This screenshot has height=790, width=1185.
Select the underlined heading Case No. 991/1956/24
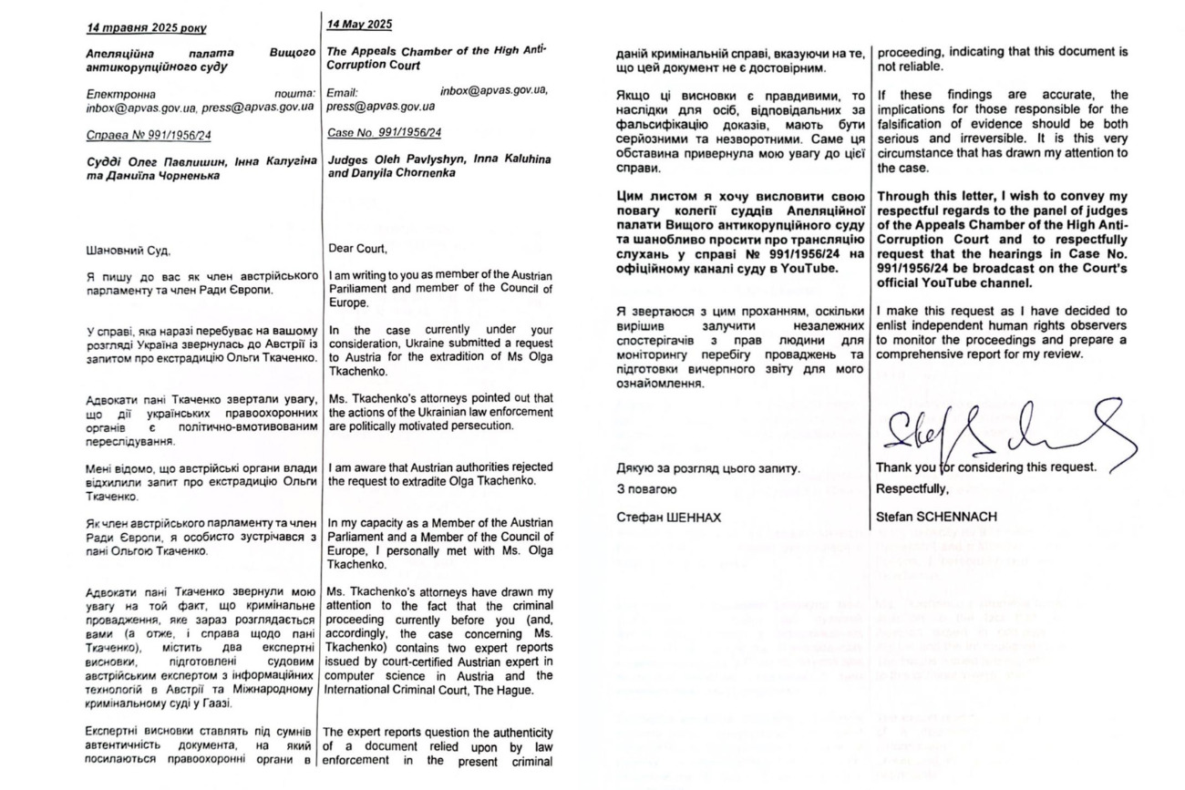pyautogui.click(x=384, y=132)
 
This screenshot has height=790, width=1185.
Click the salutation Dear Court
pyautogui.click(x=357, y=247)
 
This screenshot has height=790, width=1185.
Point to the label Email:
pyautogui.click(x=342, y=92)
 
